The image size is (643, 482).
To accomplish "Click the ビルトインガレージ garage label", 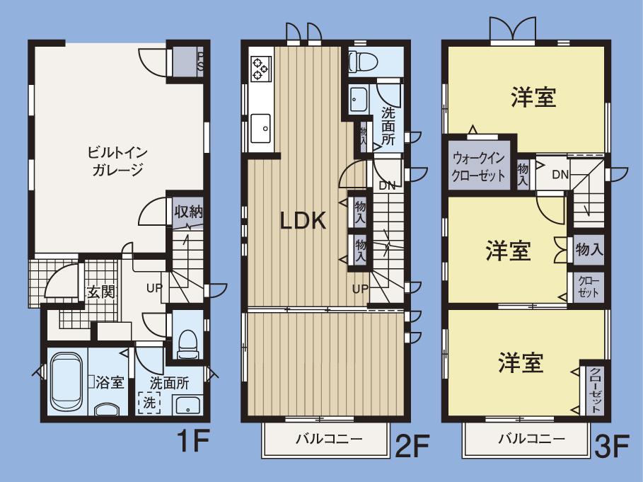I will pos(117,161).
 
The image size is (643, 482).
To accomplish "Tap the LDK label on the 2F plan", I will pos(303,222).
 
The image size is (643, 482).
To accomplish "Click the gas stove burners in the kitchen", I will pos(260,67).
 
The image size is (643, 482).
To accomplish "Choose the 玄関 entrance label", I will pos(101,292).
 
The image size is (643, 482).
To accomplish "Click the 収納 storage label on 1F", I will pos(189,211).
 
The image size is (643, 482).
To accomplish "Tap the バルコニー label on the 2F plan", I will pos(328,439).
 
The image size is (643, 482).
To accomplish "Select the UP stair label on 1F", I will pos(154,288).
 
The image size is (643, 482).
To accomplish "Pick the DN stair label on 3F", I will pos(560,175).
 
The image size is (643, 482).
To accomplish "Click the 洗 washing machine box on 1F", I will pos(149,403).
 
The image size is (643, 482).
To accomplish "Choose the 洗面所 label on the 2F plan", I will pos(388,125).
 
